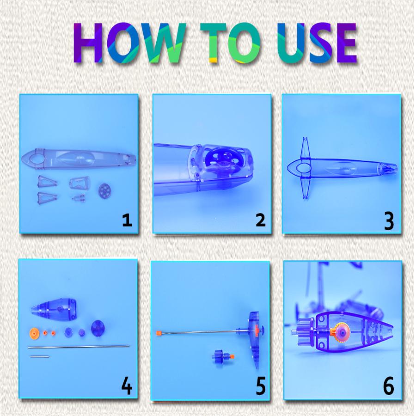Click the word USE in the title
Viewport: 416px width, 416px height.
coord(317,43)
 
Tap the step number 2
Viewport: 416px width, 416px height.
coord(260,220)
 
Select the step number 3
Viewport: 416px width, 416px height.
coord(389,221)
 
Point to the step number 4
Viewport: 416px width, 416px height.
coord(127,386)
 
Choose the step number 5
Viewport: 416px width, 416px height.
coord(261,386)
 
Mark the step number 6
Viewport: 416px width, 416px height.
coord(388,386)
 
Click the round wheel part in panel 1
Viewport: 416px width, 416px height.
coord(104,191)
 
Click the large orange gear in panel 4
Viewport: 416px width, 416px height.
coord(34,332)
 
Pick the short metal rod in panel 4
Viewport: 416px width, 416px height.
coord(40,356)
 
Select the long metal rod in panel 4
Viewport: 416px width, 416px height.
coord(79,347)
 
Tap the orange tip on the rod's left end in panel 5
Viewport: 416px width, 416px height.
coord(159,333)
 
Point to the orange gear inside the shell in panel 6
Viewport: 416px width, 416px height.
coord(340,332)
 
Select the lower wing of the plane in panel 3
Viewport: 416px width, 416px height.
coord(306,187)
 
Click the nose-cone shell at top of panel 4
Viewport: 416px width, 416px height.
coord(54,308)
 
